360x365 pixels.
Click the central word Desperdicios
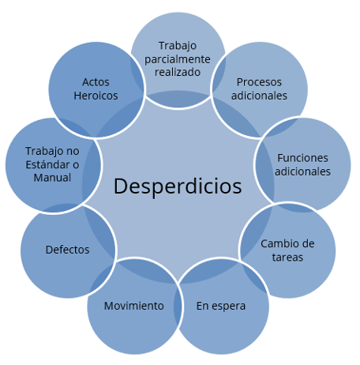tap(178, 186)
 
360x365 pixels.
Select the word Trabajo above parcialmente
tap(178, 47)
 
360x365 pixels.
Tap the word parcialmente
tap(178, 59)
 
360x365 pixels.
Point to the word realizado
tap(178, 72)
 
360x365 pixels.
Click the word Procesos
tap(259, 82)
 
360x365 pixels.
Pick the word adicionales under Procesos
tap(259, 96)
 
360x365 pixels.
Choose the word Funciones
tap(302, 158)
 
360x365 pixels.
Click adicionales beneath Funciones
tap(302, 171)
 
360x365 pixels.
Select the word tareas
tap(287, 258)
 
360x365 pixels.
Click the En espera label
tap(221, 307)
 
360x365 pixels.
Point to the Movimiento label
tap(134, 306)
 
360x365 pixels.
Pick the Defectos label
tap(68, 250)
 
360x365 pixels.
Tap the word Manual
tap(52, 178)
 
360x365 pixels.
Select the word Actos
tap(96, 82)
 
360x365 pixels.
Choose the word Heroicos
tap(96, 96)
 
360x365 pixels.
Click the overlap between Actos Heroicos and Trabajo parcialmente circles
tap(137, 74)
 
